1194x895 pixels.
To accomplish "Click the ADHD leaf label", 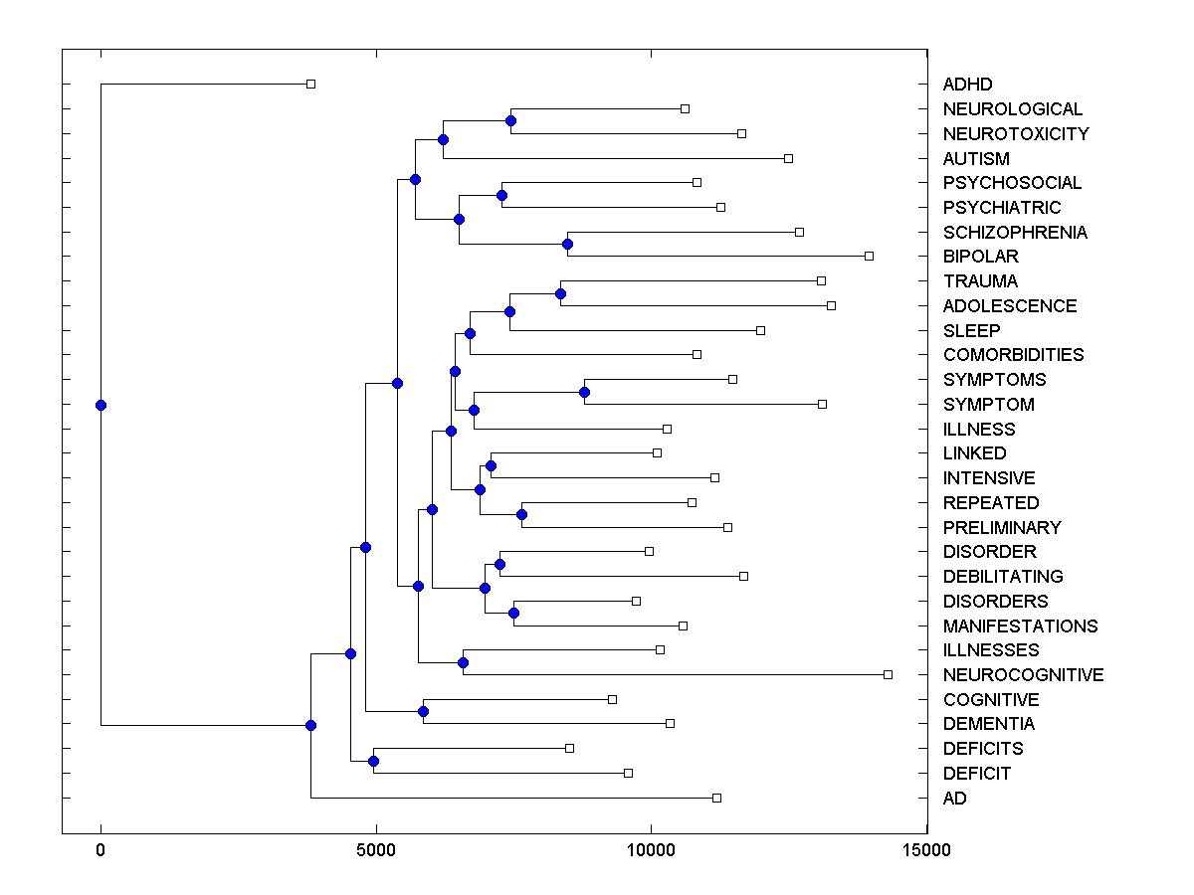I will pyautogui.click(x=967, y=85).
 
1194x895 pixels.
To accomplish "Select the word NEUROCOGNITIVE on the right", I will pyautogui.click(x=1023, y=675).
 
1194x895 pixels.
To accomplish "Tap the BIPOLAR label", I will pyautogui.click(x=980, y=257).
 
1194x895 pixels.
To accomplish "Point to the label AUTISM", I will pyautogui.click(x=975, y=159).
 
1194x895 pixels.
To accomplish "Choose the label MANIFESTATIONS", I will pyautogui.click(x=1020, y=626).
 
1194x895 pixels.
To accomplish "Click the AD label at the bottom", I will pyautogui.click(x=954, y=799).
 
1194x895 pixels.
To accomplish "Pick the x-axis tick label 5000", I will pyautogui.click(x=376, y=850).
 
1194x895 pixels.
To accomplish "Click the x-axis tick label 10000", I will pyautogui.click(x=651, y=850).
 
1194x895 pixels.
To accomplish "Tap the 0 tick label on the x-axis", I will pyautogui.click(x=100, y=850).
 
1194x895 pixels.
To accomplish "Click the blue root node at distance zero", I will pyautogui.click(x=100, y=405).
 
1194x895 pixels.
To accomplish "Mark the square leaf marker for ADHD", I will pyautogui.click(x=310, y=84).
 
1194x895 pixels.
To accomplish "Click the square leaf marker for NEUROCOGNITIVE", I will pyautogui.click(x=888, y=674).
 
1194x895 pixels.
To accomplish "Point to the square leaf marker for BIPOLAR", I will pyautogui.click(x=869, y=256).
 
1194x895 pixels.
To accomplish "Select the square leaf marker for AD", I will pyautogui.click(x=716, y=798).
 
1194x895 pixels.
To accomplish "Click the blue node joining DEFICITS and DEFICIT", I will pyautogui.click(x=373, y=761).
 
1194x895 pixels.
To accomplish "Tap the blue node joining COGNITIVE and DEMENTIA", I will pyautogui.click(x=423, y=711).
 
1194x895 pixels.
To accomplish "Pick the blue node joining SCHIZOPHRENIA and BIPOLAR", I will pyautogui.click(x=567, y=244).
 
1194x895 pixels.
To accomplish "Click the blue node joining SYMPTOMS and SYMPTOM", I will pyautogui.click(x=584, y=392).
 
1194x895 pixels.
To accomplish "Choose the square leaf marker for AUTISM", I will pyautogui.click(x=788, y=158).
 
